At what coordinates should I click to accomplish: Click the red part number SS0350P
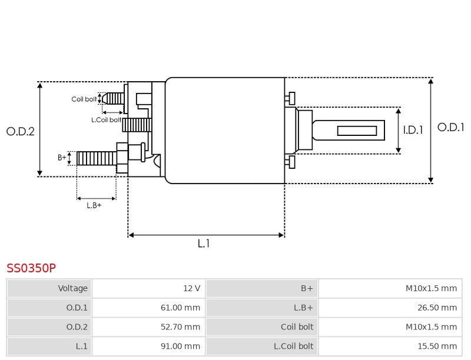pos(31,268)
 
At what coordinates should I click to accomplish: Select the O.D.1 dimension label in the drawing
pos(450,127)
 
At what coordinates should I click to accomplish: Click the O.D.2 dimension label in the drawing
pos(21,132)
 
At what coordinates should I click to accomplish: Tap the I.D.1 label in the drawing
pos(413,131)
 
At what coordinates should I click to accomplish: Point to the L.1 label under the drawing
pos(203,244)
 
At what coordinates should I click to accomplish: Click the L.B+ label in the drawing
pos(94,205)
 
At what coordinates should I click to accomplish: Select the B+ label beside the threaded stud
pos(62,158)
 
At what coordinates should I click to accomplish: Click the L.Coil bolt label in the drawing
pos(106,120)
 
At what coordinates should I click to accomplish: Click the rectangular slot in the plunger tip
pos(357,131)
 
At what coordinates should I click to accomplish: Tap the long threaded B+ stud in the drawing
pos(97,158)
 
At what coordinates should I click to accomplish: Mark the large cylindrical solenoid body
pos(225,131)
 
